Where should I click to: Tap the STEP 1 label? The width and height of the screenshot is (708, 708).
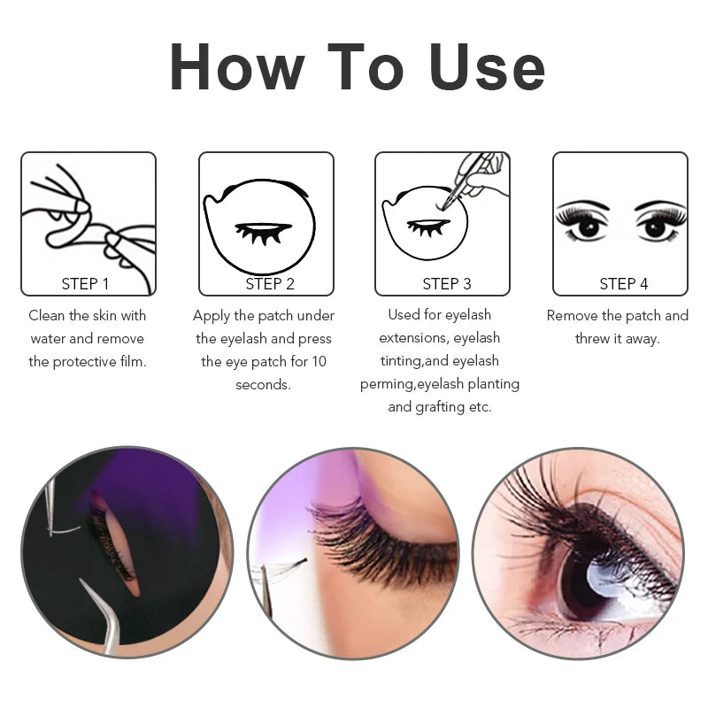pos(86,284)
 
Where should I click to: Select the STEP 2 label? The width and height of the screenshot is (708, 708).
pos(270,284)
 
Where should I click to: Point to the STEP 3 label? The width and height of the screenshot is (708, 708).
pos(447,284)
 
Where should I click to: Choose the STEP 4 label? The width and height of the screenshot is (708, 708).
pos(624,284)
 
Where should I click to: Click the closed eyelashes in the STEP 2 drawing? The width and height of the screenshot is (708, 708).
pos(262,232)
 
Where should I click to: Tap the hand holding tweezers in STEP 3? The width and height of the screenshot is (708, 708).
pos(482,173)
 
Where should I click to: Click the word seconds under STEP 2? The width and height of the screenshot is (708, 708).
pos(263,384)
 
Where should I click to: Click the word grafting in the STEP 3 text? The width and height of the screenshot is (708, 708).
pos(440,407)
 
